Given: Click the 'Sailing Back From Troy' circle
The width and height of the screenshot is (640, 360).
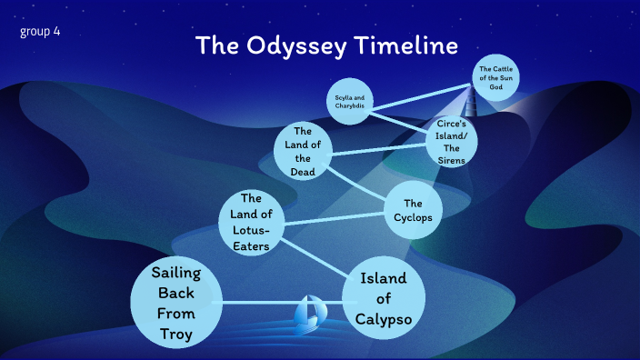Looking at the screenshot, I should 176,303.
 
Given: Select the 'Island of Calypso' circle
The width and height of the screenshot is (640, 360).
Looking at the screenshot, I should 384,297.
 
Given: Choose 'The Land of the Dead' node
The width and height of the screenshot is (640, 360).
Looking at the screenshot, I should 303,150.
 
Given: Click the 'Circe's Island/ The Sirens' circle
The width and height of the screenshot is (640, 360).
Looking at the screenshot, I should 452,142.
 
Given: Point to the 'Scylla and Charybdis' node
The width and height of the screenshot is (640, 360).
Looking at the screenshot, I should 351,102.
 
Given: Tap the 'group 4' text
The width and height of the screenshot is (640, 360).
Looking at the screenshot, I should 40,32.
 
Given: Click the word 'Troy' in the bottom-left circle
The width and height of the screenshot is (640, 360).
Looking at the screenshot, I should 176,333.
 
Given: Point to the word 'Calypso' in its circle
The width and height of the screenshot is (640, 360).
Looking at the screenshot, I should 384,317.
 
